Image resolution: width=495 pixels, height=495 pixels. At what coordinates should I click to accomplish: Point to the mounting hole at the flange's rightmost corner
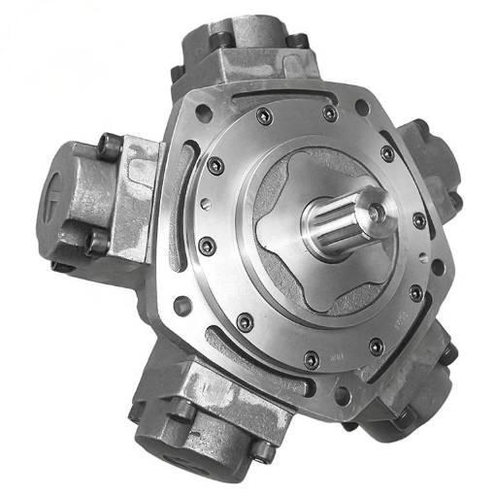coord(442,254)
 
